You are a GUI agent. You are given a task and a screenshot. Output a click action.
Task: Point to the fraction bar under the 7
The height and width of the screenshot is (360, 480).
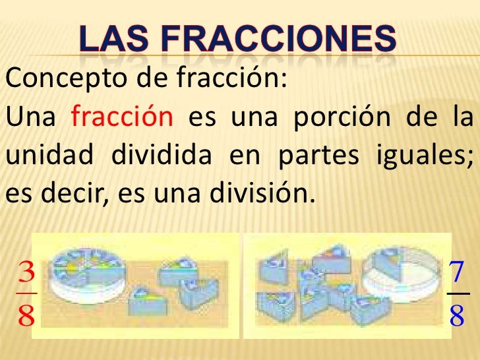pyautogui.click(x=458, y=294)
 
